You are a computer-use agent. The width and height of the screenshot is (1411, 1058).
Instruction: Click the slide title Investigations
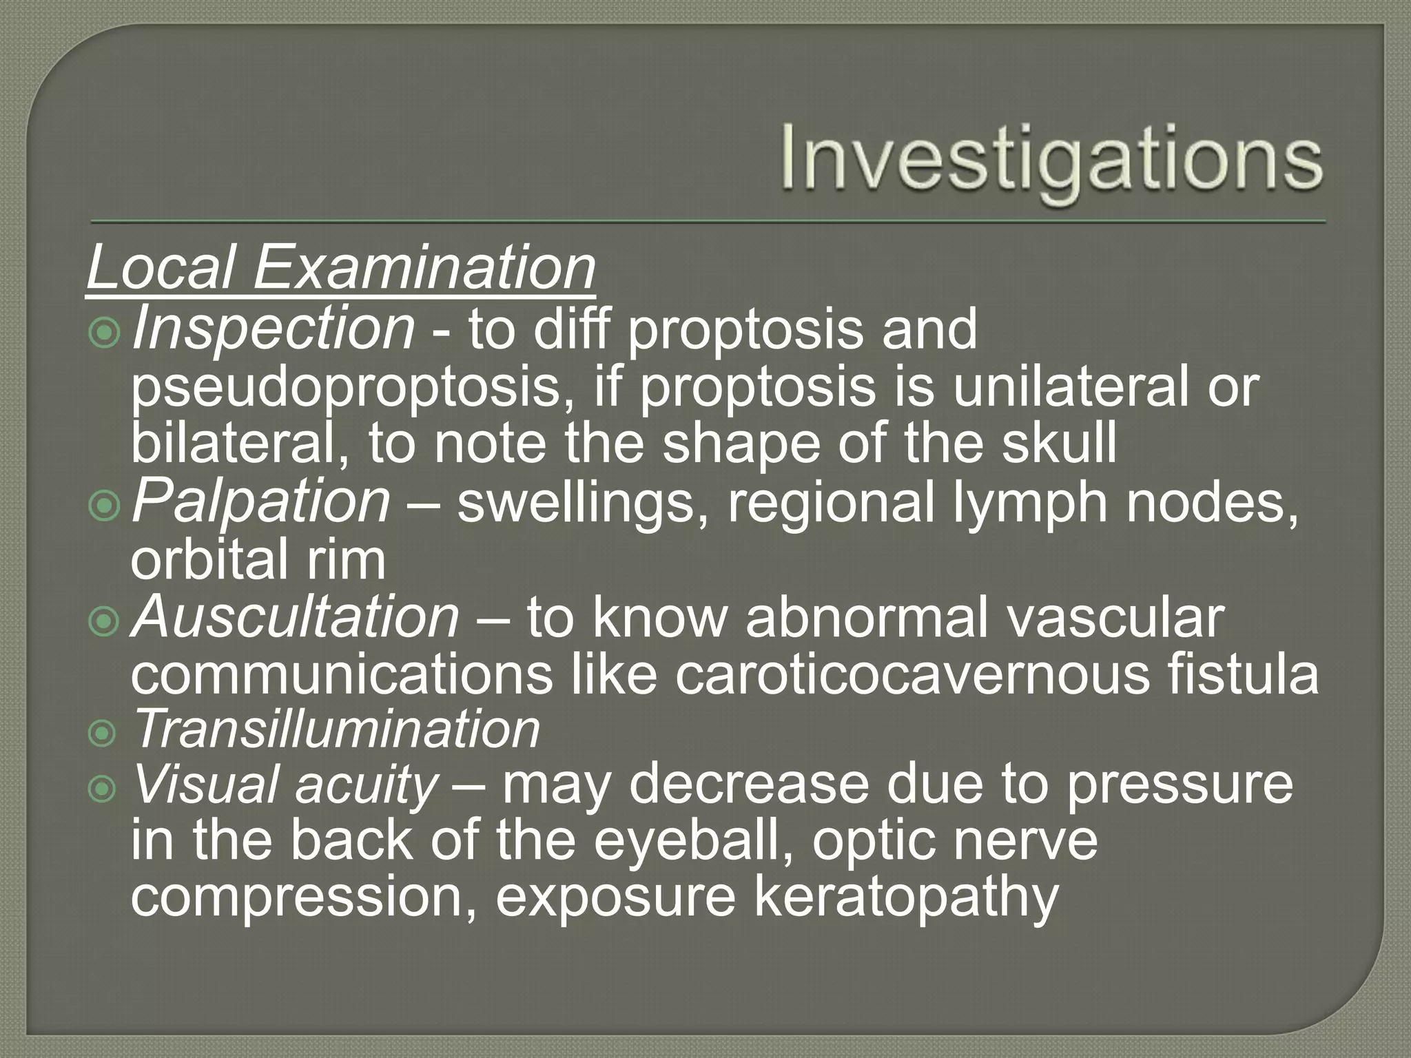(1051, 163)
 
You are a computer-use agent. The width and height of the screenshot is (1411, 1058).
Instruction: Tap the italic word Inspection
(274, 329)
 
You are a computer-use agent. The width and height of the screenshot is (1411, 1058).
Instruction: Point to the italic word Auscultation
(295, 617)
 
